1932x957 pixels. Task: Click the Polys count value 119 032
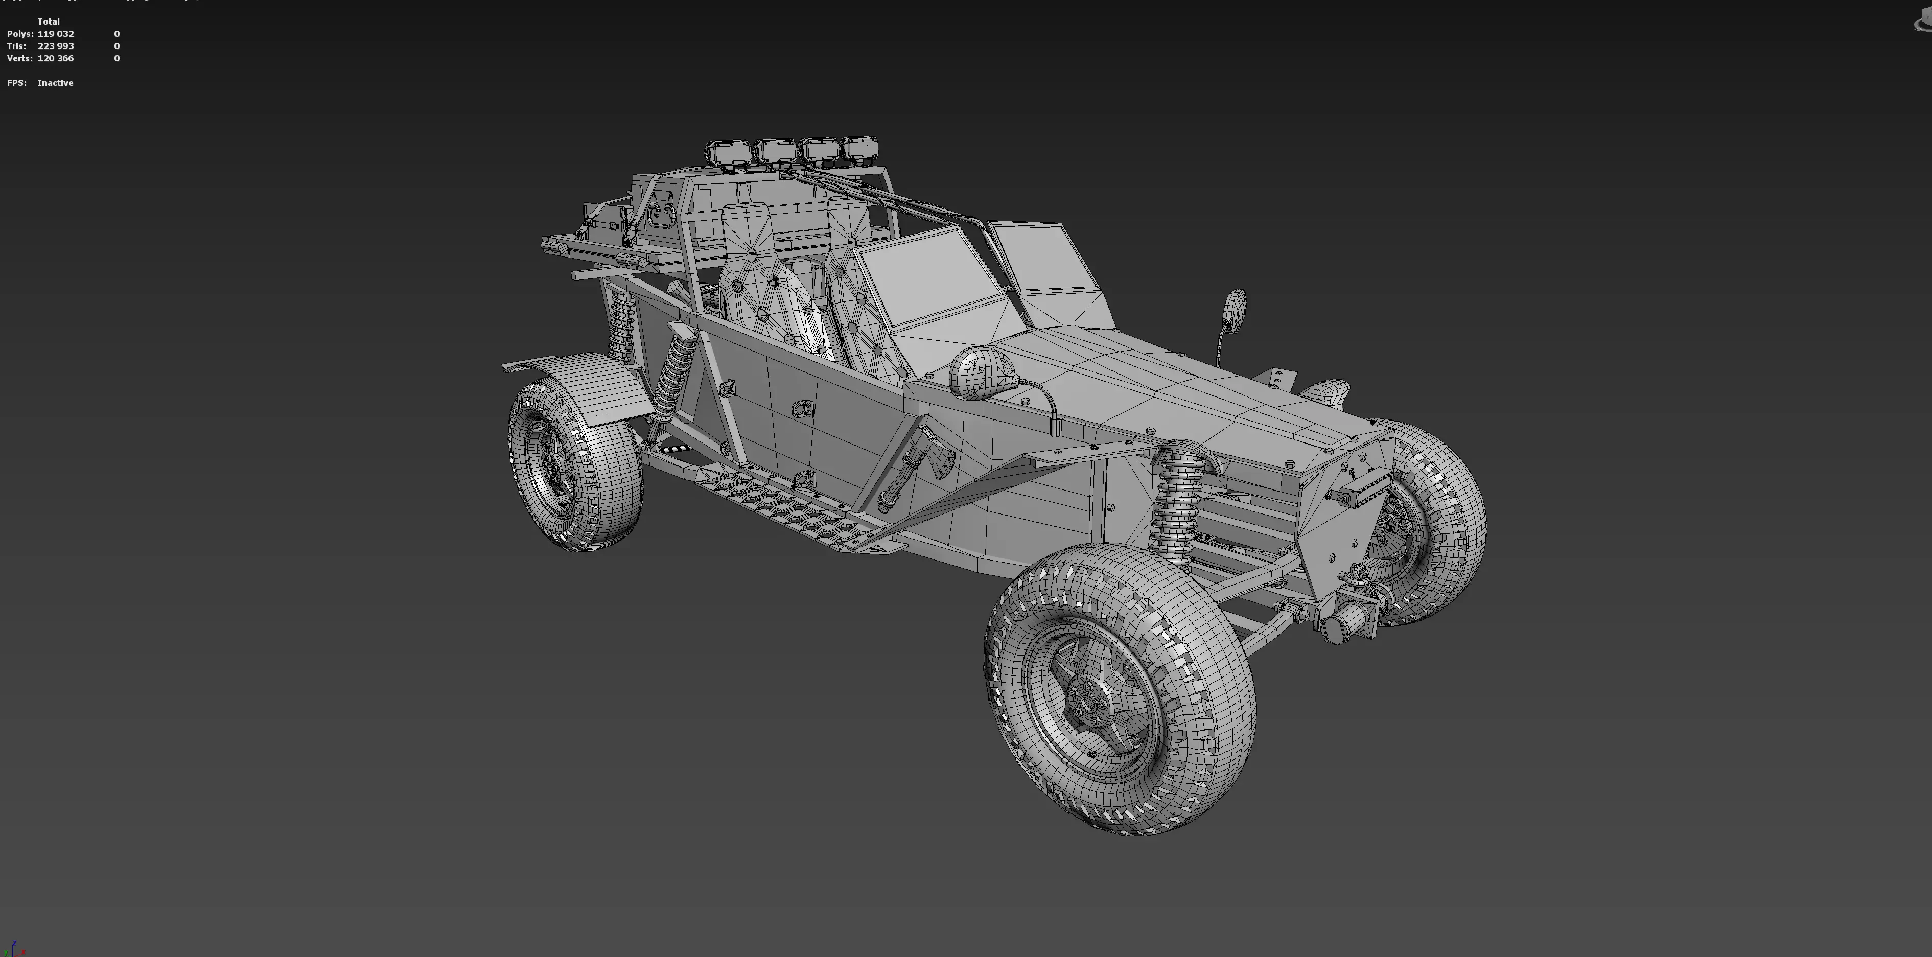click(56, 34)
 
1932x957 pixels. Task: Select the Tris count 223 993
click(56, 46)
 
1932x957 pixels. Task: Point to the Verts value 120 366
click(56, 58)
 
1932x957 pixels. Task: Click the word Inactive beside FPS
click(55, 82)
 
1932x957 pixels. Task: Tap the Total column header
click(48, 21)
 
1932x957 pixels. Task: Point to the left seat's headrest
click(746, 225)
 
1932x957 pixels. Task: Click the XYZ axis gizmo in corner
click(13, 948)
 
